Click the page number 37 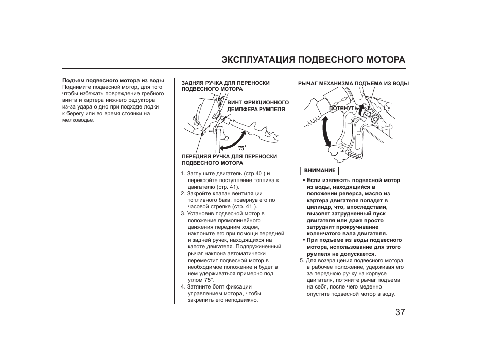click(400, 312)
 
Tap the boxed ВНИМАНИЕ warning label click(320, 171)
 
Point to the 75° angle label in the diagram click(242, 148)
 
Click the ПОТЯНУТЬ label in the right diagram click(344, 109)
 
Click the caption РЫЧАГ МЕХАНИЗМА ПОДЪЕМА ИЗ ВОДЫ click(353, 84)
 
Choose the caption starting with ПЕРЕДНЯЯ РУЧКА click(229, 160)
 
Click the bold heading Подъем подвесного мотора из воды click(113, 81)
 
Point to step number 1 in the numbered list click(183, 174)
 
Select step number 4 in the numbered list click(183, 286)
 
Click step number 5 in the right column click(301, 261)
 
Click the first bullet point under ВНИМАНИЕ click(304, 181)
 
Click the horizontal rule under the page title click(234, 69)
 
